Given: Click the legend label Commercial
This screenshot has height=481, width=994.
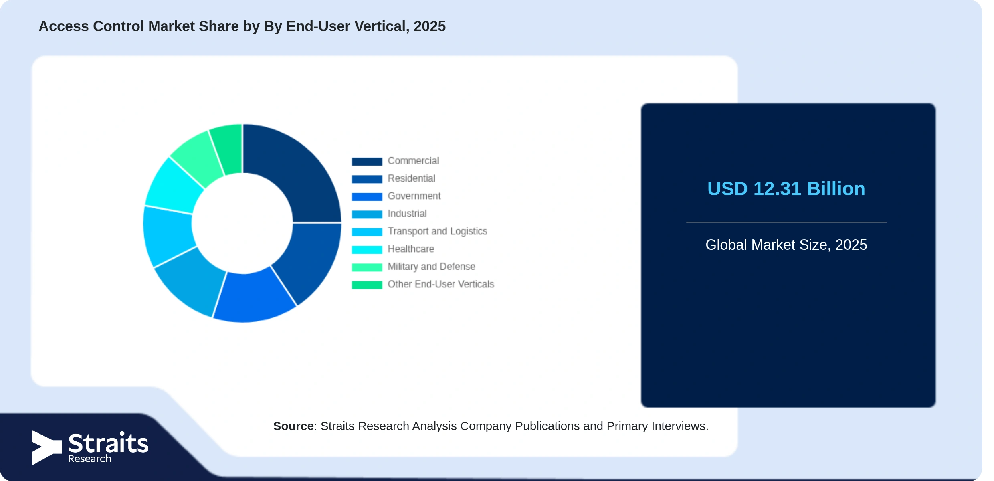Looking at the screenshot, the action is click(413, 161).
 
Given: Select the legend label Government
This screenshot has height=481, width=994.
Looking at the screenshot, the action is click(414, 196).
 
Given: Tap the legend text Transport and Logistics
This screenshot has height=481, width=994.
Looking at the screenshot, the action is click(437, 231).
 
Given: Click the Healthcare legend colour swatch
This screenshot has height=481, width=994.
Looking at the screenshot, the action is click(367, 249).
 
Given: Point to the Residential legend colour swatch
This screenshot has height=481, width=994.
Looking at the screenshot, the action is click(367, 179).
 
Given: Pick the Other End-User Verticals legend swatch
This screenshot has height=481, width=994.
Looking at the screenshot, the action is click(367, 285).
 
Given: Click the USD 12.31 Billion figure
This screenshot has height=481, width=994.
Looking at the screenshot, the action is click(786, 189).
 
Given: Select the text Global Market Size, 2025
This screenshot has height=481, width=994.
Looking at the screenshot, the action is click(786, 245).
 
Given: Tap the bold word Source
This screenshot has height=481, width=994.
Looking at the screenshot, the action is click(293, 426).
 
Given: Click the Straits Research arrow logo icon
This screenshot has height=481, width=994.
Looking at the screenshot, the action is click(46, 447).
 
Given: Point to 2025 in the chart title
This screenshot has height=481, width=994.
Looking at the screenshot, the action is click(430, 26).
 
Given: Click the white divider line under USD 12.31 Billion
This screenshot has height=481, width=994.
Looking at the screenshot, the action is click(786, 222).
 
